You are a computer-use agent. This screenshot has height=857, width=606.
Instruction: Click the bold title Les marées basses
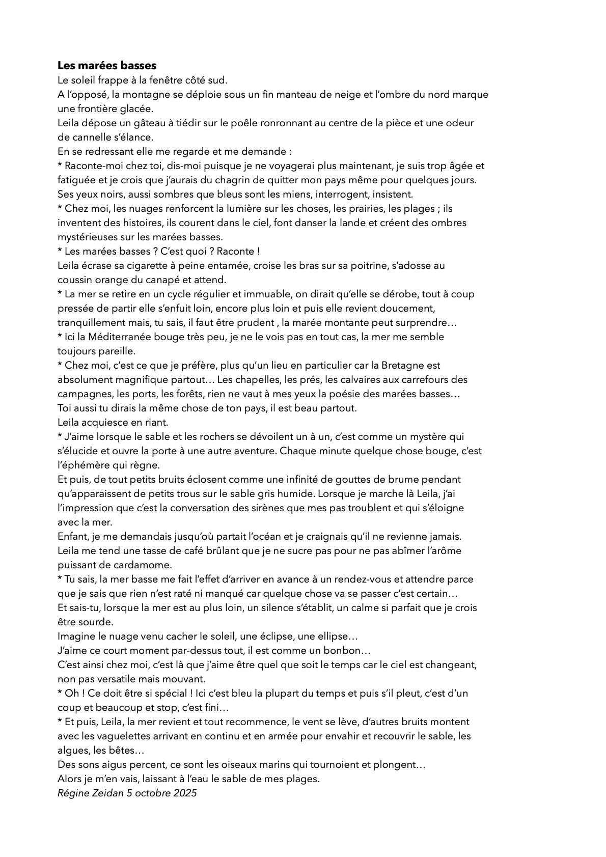106,66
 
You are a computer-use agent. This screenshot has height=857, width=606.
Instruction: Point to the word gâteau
130,123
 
